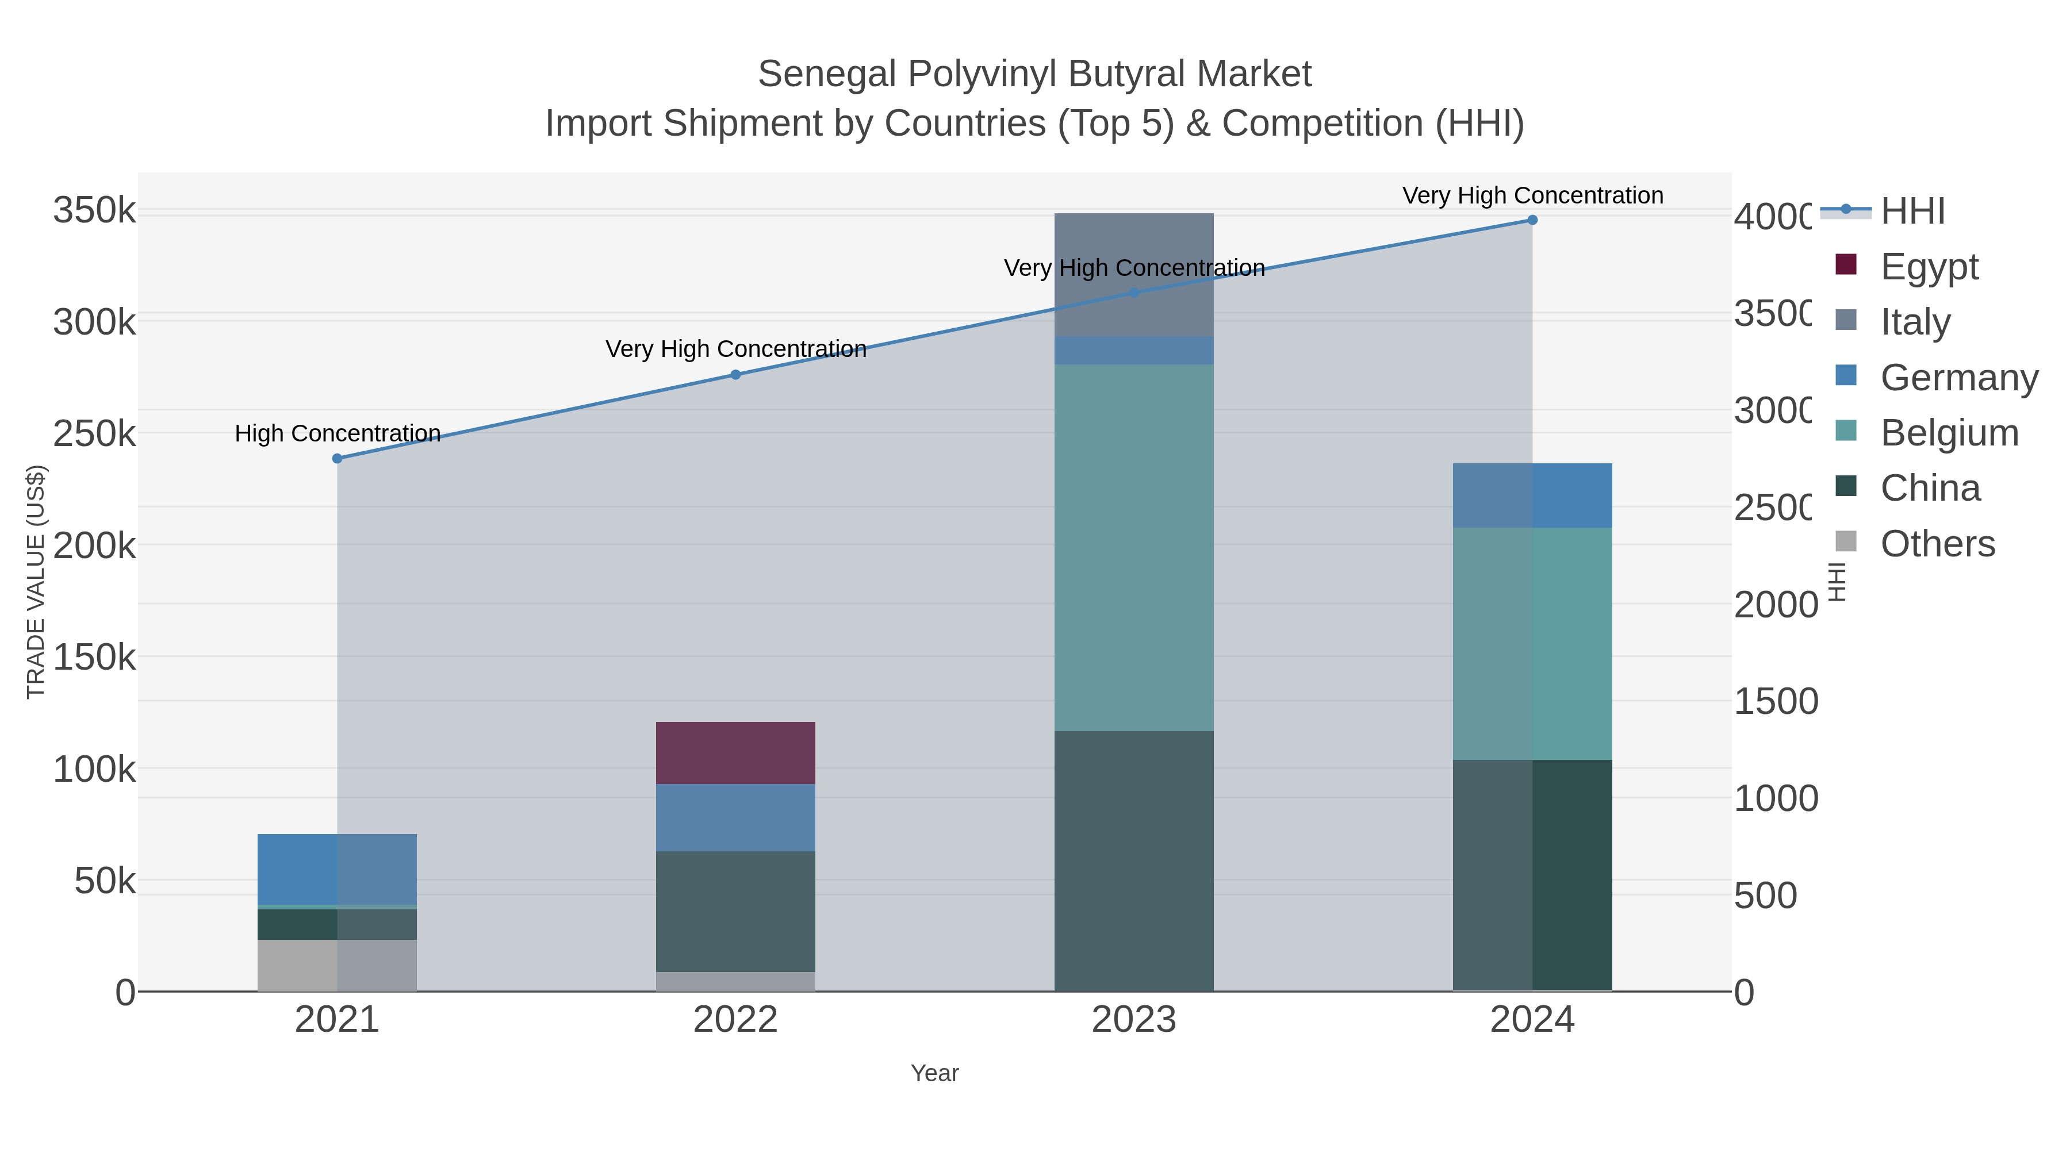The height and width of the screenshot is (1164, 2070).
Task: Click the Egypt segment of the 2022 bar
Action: point(735,752)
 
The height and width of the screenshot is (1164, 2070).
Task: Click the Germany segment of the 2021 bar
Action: point(337,869)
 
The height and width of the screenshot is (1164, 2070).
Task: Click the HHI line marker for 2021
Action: point(337,459)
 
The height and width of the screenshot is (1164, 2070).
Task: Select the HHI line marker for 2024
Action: point(1532,220)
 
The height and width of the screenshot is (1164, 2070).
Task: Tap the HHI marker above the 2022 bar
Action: point(735,374)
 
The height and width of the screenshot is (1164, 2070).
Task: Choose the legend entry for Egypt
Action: point(1929,266)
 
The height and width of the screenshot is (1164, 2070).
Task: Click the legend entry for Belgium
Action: point(1948,432)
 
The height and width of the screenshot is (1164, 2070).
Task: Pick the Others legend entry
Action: point(1937,543)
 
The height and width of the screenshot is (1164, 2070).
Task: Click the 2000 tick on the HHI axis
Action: point(1774,604)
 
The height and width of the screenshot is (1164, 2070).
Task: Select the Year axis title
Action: point(934,1073)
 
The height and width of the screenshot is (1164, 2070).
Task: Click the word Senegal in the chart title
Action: point(827,74)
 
